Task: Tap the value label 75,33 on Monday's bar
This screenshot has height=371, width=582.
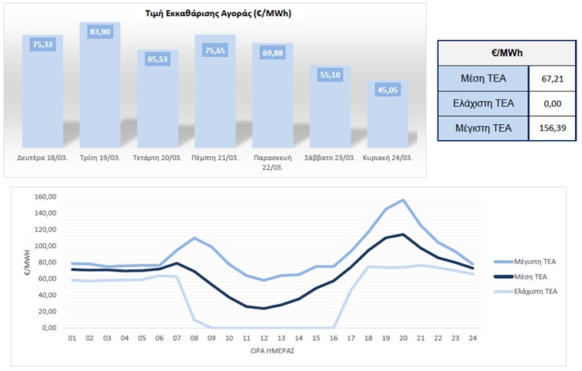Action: pyautogui.click(x=42, y=45)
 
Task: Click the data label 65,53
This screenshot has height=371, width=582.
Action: pyautogui.click(x=158, y=59)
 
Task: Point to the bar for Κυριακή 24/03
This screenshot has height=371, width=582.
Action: pyautogui.click(x=388, y=115)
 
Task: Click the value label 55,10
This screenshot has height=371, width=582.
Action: pyautogui.click(x=331, y=75)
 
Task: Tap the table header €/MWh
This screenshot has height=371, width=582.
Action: pyautogui.click(x=507, y=53)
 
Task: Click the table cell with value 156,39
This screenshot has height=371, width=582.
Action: pyautogui.click(x=552, y=127)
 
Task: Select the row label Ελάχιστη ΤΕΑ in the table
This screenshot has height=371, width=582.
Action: pyautogui.click(x=484, y=102)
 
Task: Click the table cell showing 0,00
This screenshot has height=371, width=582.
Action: pyautogui.click(x=552, y=102)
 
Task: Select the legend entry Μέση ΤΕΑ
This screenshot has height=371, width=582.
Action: pyautogui.click(x=529, y=276)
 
